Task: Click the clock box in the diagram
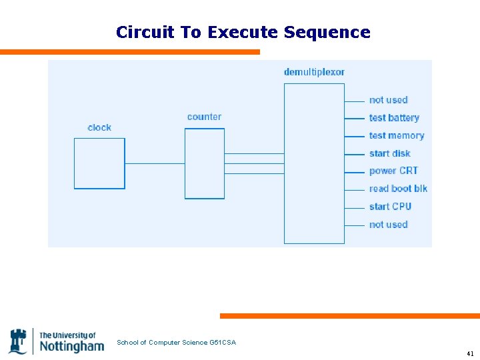pos(99,163)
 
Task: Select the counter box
pos(204,163)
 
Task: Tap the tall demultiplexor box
pos(314,163)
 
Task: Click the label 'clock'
pos(99,127)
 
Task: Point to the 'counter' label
pos(204,117)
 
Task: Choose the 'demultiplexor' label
pos(314,72)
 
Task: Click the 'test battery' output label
pos(394,118)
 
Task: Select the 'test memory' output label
pos(397,135)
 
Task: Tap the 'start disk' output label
pos(389,153)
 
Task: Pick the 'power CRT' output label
pos(393,171)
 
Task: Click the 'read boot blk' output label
pos(398,189)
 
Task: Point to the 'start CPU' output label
pos(390,207)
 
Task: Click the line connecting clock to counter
pos(155,163)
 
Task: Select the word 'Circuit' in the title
pos(144,32)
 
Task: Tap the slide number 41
pos(470,353)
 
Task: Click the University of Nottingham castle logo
pos(19,341)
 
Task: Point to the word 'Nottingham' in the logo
pos(71,346)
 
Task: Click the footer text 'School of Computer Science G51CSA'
pos(176,343)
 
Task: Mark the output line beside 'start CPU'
pos(354,207)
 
